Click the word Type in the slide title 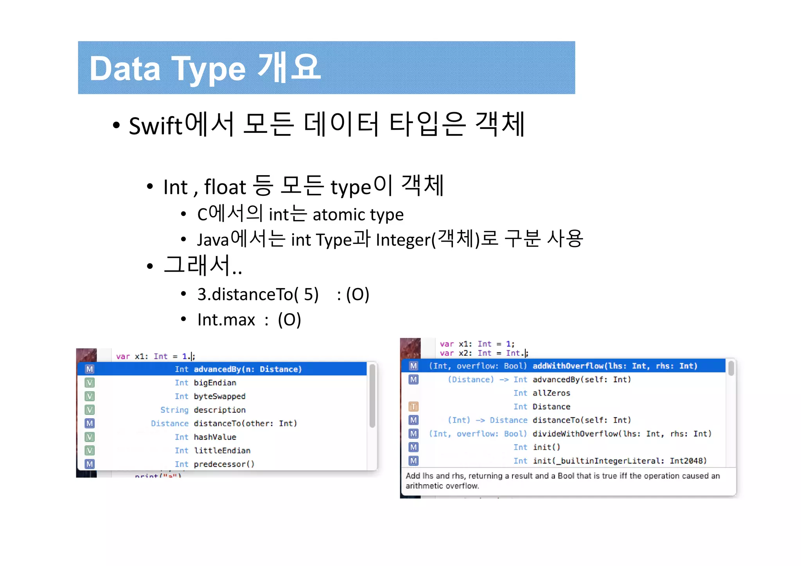pos(208,69)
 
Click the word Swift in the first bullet pos(155,126)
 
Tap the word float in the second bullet pos(225,187)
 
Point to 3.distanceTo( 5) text pos(258,294)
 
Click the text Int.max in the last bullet pos(226,320)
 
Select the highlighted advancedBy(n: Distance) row pos(247,369)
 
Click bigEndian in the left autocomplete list pos(215,383)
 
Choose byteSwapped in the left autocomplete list pos(219,396)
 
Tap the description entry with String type pos(219,410)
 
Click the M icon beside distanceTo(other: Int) pos(90,423)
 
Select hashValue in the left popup pos(215,437)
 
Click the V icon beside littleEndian pos(90,450)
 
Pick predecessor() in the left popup pos(224,464)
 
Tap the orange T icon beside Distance pos(413,407)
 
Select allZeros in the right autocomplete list pos(551,393)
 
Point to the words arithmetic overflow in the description pos(442,486)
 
